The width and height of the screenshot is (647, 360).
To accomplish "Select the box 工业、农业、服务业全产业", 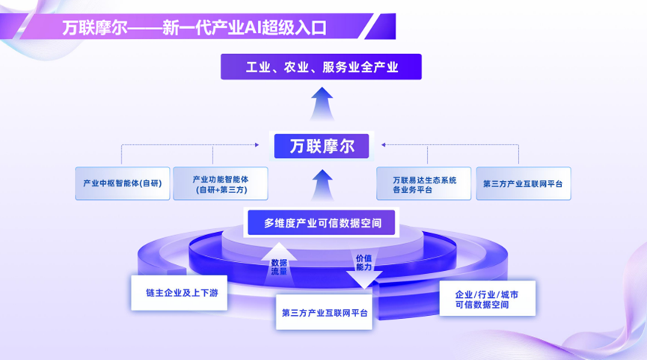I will coord(321,67).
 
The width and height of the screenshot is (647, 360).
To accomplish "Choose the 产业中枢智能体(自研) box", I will coord(123,183).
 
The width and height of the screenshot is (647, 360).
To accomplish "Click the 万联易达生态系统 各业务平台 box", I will coord(423,184).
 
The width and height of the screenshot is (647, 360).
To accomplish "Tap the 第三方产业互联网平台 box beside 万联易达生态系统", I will coord(523,183).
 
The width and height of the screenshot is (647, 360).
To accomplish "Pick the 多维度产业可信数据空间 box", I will coord(322,222).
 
